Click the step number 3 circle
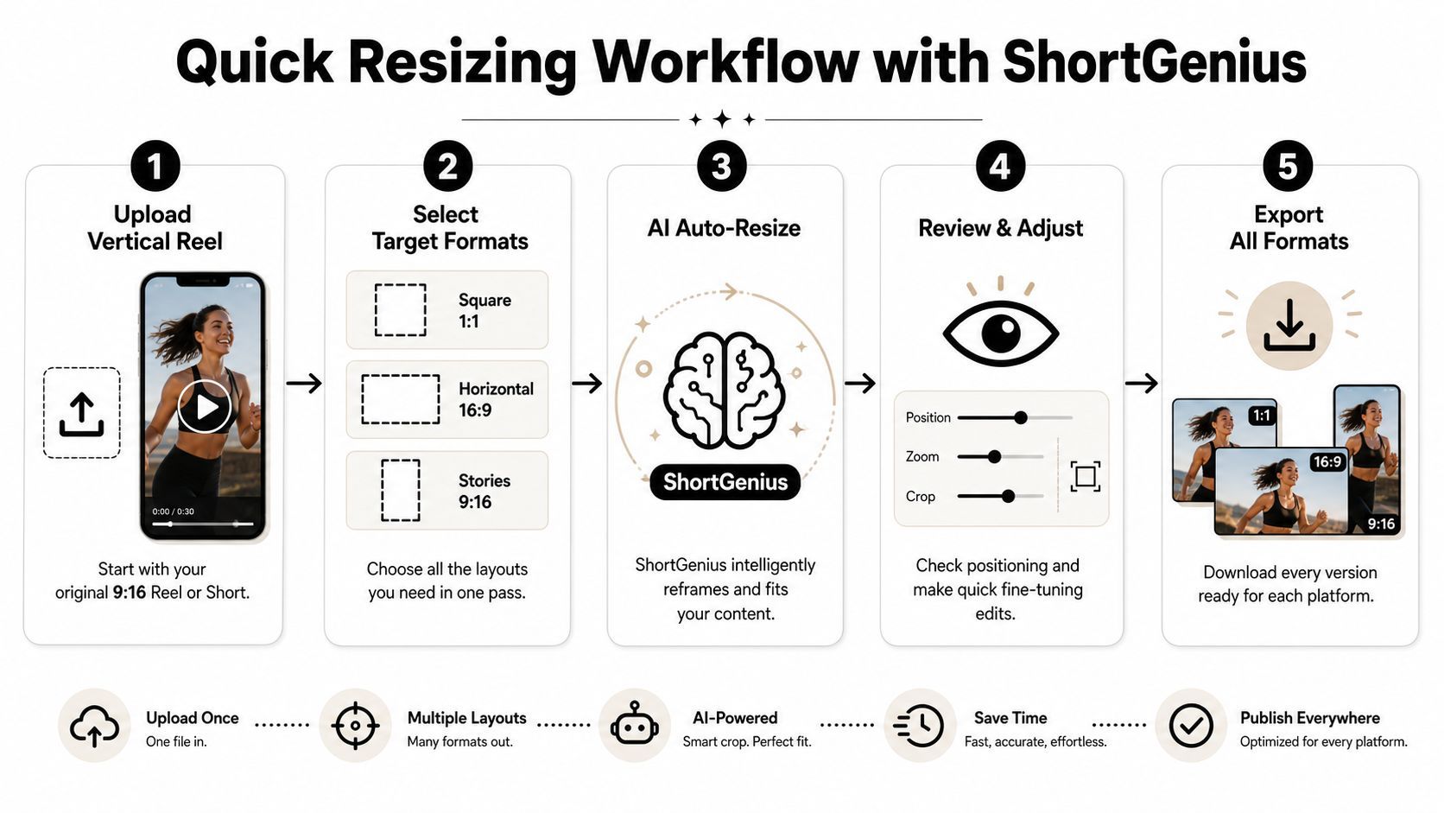click(721, 167)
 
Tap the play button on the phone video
click(205, 407)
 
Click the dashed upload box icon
click(82, 413)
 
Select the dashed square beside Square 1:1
click(401, 309)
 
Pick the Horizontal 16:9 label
click(496, 399)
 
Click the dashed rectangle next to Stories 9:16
click(401, 490)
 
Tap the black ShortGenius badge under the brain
click(725, 481)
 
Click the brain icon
click(725, 390)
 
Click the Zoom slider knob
click(995, 456)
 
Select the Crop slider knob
click(1008, 496)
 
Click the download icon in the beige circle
click(1289, 325)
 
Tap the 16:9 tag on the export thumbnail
click(1327, 461)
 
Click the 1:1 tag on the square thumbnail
click(1262, 416)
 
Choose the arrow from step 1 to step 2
click(304, 383)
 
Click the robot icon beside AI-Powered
click(635, 725)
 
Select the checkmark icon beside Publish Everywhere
click(1191, 726)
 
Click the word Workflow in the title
click(725, 62)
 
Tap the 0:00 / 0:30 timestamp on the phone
click(173, 511)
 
